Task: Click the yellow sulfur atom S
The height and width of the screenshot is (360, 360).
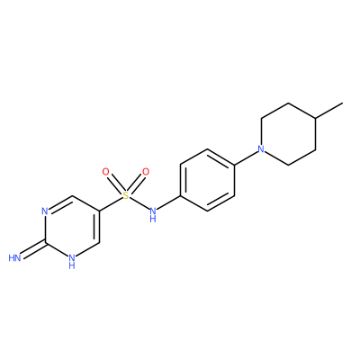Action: [126, 196]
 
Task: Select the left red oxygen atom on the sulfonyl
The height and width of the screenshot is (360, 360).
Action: [105, 172]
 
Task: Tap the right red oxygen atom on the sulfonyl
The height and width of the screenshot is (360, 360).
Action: [146, 172]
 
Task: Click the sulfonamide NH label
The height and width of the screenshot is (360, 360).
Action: [153, 214]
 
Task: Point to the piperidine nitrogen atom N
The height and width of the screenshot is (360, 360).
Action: [262, 149]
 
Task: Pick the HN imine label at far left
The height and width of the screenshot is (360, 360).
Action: [14, 258]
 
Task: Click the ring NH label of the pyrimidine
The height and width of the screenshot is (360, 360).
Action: [72, 261]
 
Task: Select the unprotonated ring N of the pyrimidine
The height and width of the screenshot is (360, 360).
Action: [45, 211]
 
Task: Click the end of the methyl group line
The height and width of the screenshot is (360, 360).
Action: [342, 103]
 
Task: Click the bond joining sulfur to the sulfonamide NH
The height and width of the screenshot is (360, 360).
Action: [139, 203]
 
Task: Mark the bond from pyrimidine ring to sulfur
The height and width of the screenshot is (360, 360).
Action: [111, 204]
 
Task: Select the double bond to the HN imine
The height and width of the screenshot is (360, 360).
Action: [33, 250]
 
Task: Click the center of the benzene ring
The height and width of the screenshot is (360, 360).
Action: [207, 180]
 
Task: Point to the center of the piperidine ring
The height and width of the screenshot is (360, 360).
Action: [289, 134]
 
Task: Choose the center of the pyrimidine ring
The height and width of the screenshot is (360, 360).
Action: [72, 227]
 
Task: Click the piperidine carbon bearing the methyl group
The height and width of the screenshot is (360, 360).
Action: [316, 118]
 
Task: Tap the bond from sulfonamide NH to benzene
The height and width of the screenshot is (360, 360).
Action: [168, 203]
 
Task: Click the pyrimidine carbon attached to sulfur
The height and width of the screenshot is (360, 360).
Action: [99, 211]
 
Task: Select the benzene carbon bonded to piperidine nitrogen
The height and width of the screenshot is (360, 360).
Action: [234, 165]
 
